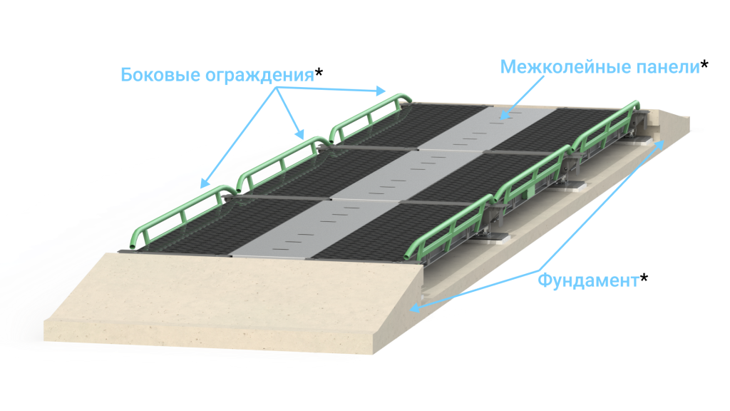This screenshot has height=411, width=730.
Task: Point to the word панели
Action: pos(666,67)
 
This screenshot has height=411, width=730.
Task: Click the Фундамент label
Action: pos(588,280)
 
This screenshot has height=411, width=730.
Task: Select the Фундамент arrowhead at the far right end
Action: pos(663,143)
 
